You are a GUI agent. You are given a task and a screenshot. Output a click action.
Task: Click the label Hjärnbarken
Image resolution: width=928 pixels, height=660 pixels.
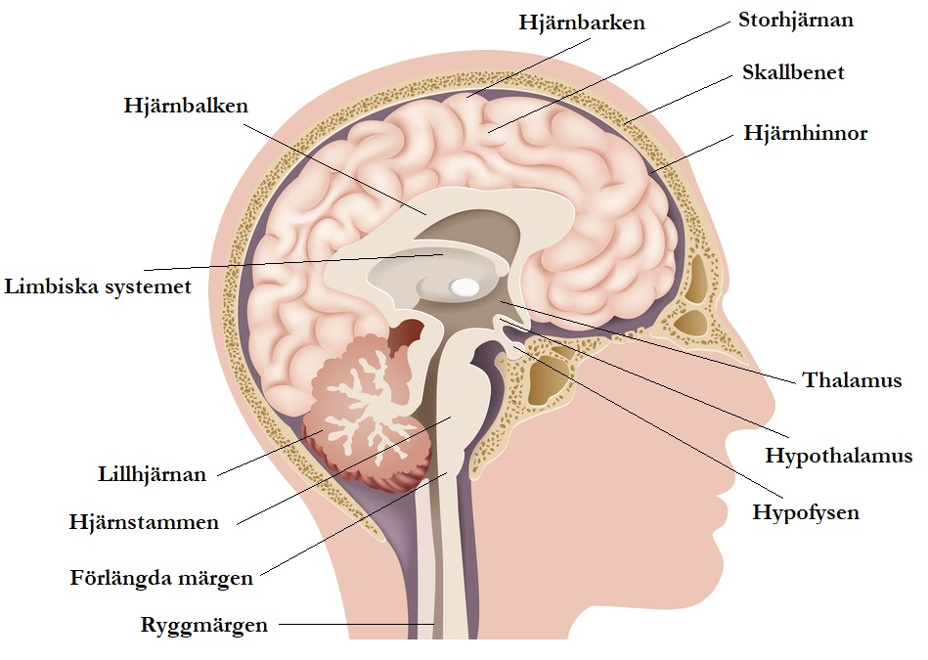click(582, 23)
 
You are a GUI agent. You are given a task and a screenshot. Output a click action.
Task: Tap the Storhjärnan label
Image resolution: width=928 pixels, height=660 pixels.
click(795, 21)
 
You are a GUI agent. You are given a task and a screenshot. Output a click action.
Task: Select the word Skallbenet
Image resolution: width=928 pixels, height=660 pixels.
click(793, 72)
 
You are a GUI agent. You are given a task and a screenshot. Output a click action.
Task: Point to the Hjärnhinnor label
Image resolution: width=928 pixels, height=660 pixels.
click(805, 133)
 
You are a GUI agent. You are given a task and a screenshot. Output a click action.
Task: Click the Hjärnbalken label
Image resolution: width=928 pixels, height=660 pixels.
click(186, 106)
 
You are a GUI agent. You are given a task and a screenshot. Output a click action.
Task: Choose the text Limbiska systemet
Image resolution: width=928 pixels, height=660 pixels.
click(98, 286)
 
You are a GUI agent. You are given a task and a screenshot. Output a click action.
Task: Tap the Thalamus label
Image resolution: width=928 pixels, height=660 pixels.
click(852, 380)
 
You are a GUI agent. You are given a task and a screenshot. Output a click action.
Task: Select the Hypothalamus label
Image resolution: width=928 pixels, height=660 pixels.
click(838, 456)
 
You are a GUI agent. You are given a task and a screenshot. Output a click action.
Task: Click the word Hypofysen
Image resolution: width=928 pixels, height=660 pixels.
click(806, 512)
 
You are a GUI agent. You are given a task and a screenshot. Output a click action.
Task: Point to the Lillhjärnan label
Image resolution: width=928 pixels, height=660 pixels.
click(153, 474)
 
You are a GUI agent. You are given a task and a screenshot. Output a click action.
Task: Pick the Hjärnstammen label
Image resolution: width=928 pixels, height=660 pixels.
click(144, 522)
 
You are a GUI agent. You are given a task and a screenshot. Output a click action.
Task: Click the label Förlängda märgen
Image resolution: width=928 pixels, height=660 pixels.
click(161, 578)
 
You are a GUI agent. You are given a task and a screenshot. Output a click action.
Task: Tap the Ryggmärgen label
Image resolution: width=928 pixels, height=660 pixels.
click(203, 625)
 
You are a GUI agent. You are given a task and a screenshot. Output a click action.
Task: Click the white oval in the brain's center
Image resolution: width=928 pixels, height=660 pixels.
click(464, 287)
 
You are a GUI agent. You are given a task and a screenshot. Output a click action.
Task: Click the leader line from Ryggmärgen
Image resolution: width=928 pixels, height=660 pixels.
click(357, 624)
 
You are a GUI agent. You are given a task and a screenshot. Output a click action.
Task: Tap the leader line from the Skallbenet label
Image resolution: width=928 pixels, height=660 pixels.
click(679, 100)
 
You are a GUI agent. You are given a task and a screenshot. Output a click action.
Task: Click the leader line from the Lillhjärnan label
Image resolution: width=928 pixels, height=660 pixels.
click(270, 454)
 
